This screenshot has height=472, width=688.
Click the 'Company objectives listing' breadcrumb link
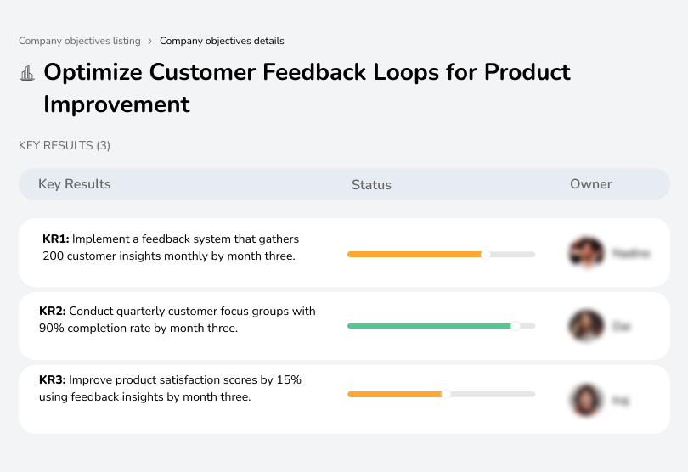[x=80, y=41]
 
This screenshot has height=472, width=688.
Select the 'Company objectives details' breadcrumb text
[x=222, y=41]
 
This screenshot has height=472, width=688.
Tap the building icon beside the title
[x=27, y=73]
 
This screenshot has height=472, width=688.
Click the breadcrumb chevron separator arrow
[x=149, y=41]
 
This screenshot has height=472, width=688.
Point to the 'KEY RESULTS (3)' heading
[x=65, y=146]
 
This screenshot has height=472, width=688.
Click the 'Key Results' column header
[x=74, y=184]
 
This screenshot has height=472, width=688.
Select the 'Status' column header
[x=371, y=184]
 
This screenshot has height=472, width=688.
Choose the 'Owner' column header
[x=590, y=184]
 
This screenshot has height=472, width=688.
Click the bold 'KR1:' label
[x=56, y=239]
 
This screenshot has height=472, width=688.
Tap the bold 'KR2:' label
[x=53, y=312]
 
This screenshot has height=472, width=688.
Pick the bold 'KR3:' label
[x=53, y=380]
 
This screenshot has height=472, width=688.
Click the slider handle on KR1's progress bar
[x=486, y=254]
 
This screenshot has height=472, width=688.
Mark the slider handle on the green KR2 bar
[x=515, y=325]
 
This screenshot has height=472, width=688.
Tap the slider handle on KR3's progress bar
[x=446, y=394]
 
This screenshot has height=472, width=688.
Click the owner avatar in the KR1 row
[x=586, y=253]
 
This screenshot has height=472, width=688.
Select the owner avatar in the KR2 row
[x=586, y=325]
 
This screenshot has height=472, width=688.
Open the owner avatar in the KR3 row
[x=586, y=399]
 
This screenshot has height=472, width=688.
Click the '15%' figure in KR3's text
[x=288, y=380]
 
